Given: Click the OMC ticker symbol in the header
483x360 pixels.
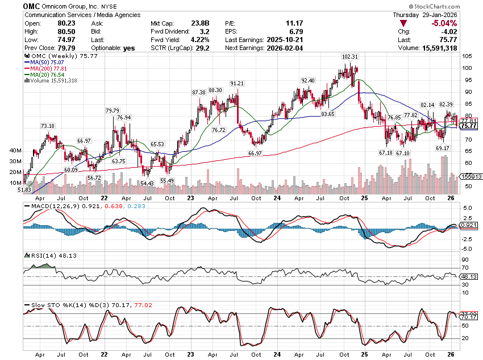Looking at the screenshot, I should point(32,5).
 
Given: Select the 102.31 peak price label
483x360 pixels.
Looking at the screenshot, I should point(349,57).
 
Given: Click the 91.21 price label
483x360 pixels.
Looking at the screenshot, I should point(237,84).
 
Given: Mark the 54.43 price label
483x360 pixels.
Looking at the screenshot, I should point(147,183).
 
